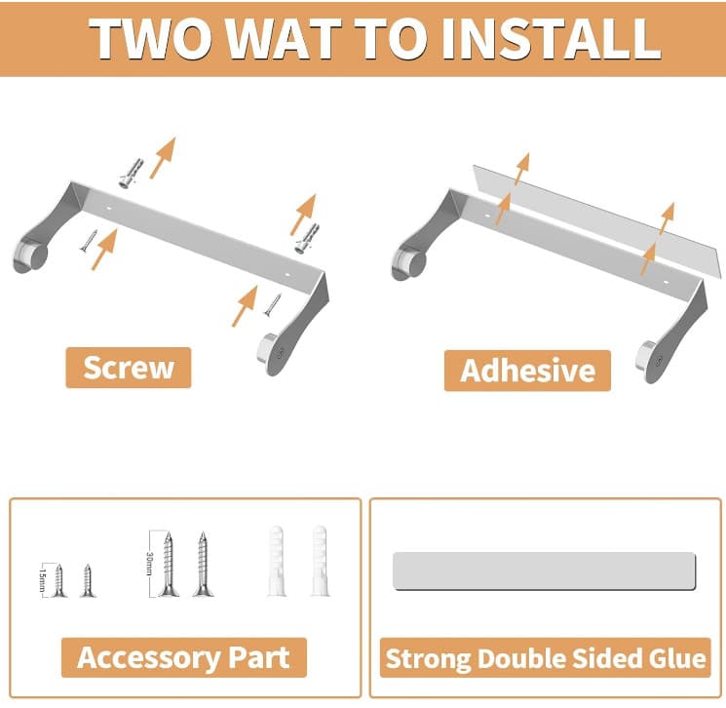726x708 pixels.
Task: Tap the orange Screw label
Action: coord(129,368)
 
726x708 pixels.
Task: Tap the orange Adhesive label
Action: coord(527,371)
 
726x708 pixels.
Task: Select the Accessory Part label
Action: coord(184,657)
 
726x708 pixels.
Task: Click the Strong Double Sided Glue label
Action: coord(546,658)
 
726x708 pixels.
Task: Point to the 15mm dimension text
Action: coord(42,579)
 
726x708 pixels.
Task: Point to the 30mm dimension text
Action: coord(149,564)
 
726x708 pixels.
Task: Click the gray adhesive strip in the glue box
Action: coord(544,570)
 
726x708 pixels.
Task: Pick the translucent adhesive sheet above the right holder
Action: coord(597,220)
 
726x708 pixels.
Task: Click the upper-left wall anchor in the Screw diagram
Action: coord(131,174)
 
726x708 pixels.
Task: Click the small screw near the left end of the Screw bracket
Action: coord(89,241)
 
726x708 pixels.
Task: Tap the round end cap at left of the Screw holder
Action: coord(29,256)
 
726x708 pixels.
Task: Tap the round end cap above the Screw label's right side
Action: coord(269,353)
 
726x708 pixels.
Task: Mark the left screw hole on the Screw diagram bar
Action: coord(110,209)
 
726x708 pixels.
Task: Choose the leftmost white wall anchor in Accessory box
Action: coord(277,561)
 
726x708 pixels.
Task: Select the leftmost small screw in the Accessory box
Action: coord(58,580)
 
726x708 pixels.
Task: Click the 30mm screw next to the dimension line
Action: coord(169,564)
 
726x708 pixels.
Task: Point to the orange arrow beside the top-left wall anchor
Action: coord(163,158)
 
